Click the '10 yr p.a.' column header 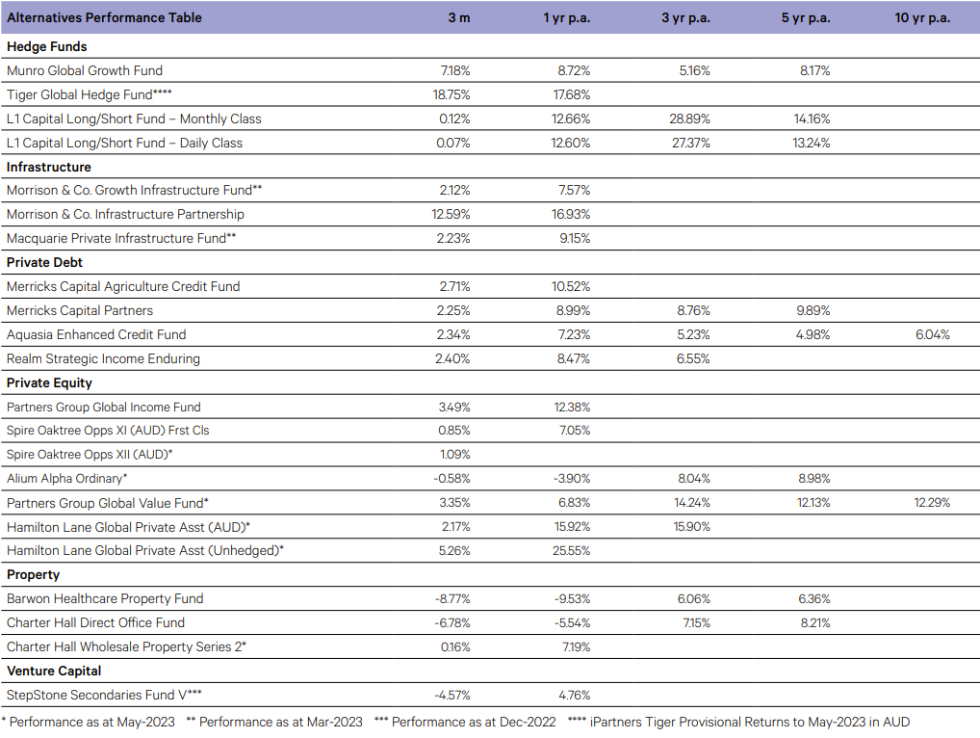pos(922,17)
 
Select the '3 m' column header pos(459,17)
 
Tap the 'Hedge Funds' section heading pos(47,46)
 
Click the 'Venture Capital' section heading pos(54,671)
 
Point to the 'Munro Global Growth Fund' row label pos(85,70)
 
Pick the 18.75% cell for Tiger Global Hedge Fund pos(451,94)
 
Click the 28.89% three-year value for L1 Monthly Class pos(690,119)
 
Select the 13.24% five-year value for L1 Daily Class pos(812,143)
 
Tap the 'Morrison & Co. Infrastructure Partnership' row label pos(125,214)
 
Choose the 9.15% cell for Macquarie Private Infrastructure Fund pos(575,238)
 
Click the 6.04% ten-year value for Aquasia pos(933,334)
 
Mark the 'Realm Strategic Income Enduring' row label pos(103,358)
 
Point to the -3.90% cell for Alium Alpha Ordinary pos(572,479)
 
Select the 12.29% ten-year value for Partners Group pos(932,502)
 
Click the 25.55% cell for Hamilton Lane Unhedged pos(571,550)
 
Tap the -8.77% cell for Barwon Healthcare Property pos(452,598)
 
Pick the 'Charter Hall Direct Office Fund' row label pos(95,623)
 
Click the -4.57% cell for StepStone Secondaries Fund pos(452,695)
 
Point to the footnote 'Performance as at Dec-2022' pos(474,722)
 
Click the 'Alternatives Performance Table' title pos(104,17)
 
